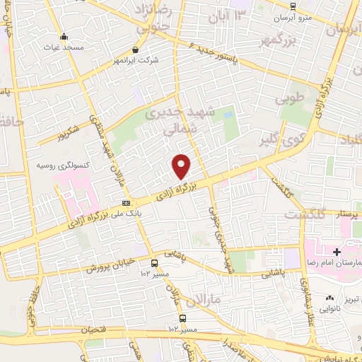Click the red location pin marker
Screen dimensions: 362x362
[x=182, y=165]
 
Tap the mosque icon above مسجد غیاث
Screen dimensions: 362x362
[x=64, y=37]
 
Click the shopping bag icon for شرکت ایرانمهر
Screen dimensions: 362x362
[x=136, y=50]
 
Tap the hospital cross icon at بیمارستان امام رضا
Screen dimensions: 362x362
[x=337, y=252]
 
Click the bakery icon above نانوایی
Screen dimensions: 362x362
[x=330, y=298]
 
